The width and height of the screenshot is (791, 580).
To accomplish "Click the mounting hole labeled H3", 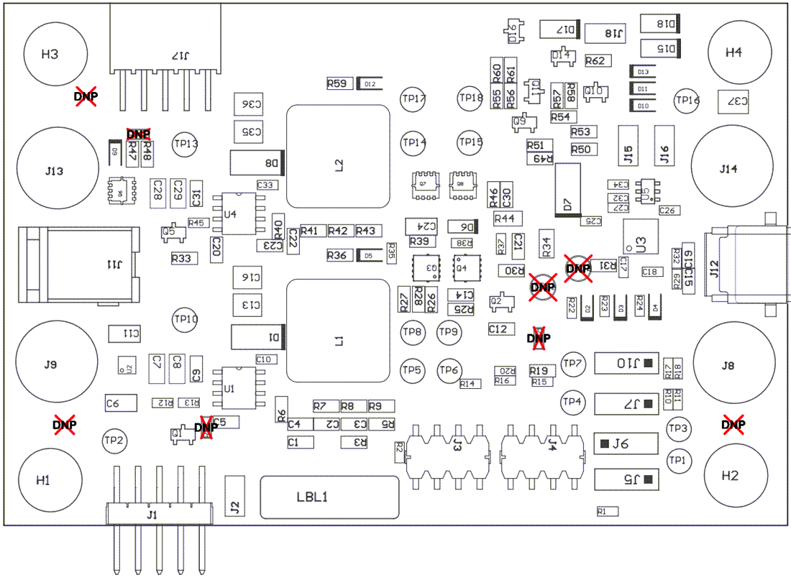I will tap(50, 55).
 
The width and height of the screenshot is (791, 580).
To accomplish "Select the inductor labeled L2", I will tap(338, 157).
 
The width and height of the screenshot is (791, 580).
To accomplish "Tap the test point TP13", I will tap(186, 144).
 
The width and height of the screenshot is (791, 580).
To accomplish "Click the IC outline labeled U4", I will tap(239, 213).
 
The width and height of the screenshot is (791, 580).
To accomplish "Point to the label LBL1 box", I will tap(329, 497).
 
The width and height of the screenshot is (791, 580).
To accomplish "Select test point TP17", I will tap(413, 99).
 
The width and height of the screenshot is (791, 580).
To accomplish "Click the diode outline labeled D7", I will tap(568, 190).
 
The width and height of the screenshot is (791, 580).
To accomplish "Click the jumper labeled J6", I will tap(626, 443).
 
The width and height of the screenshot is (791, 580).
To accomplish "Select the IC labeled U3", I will tap(640, 236).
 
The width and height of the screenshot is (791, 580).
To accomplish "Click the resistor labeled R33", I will tap(183, 257).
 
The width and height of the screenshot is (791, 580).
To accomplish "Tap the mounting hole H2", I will tap(730, 476).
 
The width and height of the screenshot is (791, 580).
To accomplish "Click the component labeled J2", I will tap(234, 495).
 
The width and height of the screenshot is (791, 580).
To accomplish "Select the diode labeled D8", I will tap(257, 162).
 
